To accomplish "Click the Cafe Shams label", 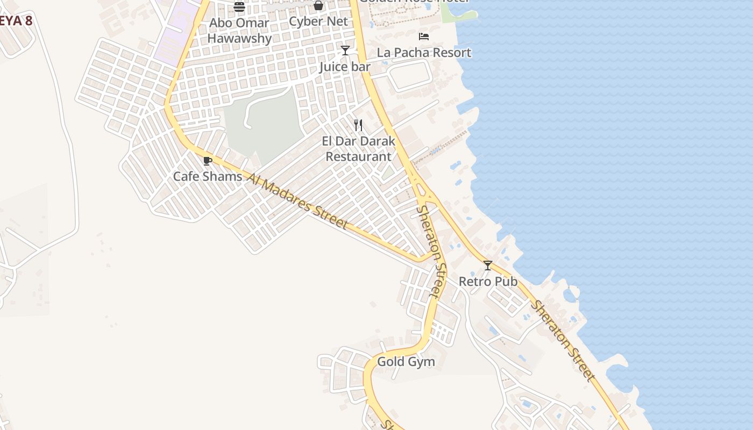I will pos(208,176).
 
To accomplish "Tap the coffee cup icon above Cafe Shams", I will pos(208,161).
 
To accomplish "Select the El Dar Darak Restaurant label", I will pos(359,149).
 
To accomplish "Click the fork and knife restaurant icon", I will pos(358,125).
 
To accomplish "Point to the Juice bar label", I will pos(345,67).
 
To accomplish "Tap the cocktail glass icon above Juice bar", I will pos(345,51).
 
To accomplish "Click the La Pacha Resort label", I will pos(424,53).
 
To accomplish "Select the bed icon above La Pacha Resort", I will pos(424,37).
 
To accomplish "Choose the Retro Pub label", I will pos(488,281).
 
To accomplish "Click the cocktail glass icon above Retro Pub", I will pos(488,266).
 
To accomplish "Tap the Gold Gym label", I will pos(406,362).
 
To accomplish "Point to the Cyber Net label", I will pos(318,21).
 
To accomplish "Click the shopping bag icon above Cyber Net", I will pos(318,6).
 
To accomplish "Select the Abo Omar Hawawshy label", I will pos(239,31).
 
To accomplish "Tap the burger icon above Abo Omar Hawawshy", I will pos(239,6).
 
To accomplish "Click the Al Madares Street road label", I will pos(299,200).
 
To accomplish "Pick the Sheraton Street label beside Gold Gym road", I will pos(432,250).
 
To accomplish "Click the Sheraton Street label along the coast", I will pos(564,341).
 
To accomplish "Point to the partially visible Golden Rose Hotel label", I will pos(414,2).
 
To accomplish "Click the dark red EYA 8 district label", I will pos(16,21).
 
